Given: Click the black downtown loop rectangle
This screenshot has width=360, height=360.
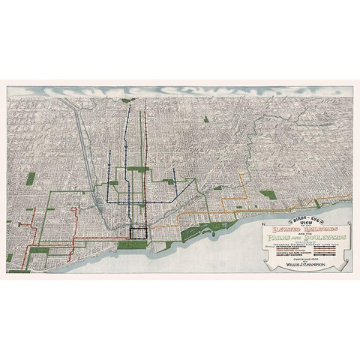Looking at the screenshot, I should [x=138, y=233].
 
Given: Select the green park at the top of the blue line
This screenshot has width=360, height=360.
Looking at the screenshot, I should [x=129, y=100].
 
